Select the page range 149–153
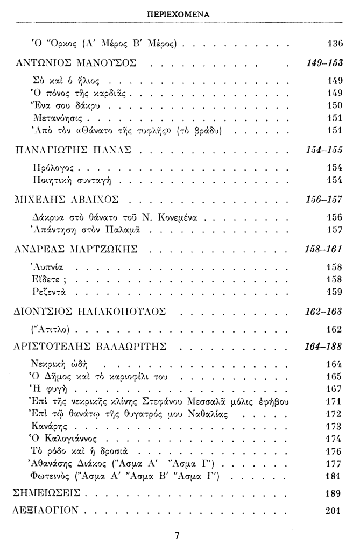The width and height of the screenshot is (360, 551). [x=324, y=62]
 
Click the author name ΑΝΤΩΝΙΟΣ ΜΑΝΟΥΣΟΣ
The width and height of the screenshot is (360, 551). [x=76, y=63]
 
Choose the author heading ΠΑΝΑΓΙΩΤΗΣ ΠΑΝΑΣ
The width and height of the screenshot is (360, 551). [x=75, y=148]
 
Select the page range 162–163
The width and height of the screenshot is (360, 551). [x=324, y=312]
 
